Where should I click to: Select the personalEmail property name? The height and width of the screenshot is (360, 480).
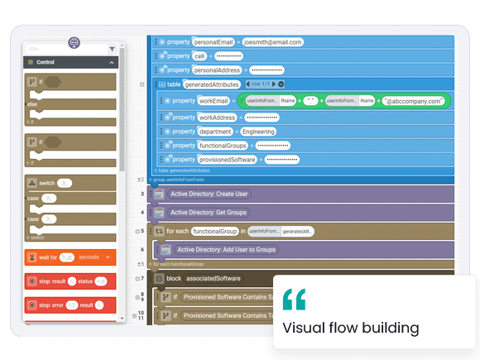214,41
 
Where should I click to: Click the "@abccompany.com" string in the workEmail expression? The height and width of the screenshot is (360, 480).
414,101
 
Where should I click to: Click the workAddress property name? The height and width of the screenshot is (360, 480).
217,117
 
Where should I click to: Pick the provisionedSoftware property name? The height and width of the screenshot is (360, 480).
226,159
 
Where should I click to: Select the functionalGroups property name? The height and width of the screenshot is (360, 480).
224,145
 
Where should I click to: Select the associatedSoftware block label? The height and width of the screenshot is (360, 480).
214,278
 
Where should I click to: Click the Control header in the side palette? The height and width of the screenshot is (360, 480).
46,62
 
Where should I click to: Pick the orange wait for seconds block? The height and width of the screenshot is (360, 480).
70,257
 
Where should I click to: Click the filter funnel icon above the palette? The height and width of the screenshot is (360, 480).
113,49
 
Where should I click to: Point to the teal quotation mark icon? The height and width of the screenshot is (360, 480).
294,299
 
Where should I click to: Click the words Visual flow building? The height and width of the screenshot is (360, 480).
351,328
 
